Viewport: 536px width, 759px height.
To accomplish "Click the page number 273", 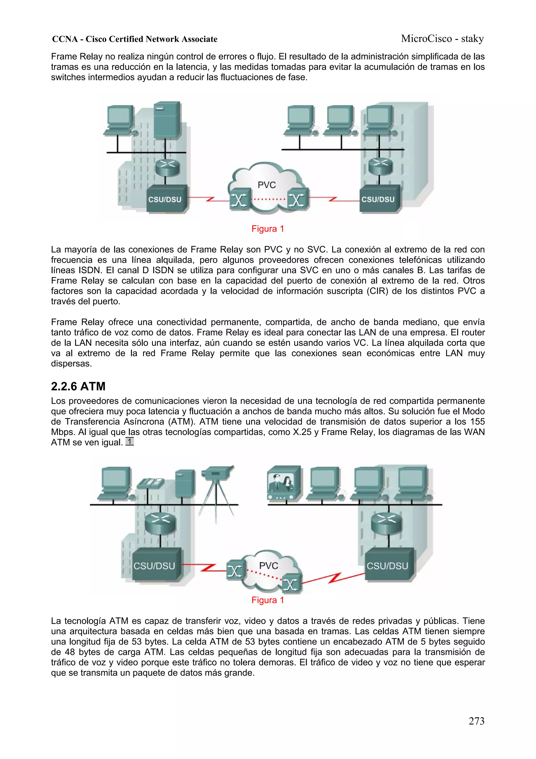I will [x=476, y=721].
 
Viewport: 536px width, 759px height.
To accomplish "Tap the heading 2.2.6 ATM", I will [x=78, y=386].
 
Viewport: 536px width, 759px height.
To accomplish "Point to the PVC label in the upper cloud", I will [x=266, y=185].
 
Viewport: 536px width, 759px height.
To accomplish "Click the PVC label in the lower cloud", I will [x=268, y=566].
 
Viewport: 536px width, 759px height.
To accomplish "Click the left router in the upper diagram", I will [x=167, y=167].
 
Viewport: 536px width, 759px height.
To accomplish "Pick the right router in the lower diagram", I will [x=386, y=523].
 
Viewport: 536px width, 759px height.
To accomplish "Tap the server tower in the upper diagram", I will [x=167, y=120].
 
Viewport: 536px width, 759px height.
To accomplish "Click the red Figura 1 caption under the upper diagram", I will [x=267, y=229].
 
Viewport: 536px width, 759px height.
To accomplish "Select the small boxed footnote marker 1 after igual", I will [x=130, y=441].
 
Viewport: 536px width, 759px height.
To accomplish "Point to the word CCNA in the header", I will [x=65, y=39].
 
